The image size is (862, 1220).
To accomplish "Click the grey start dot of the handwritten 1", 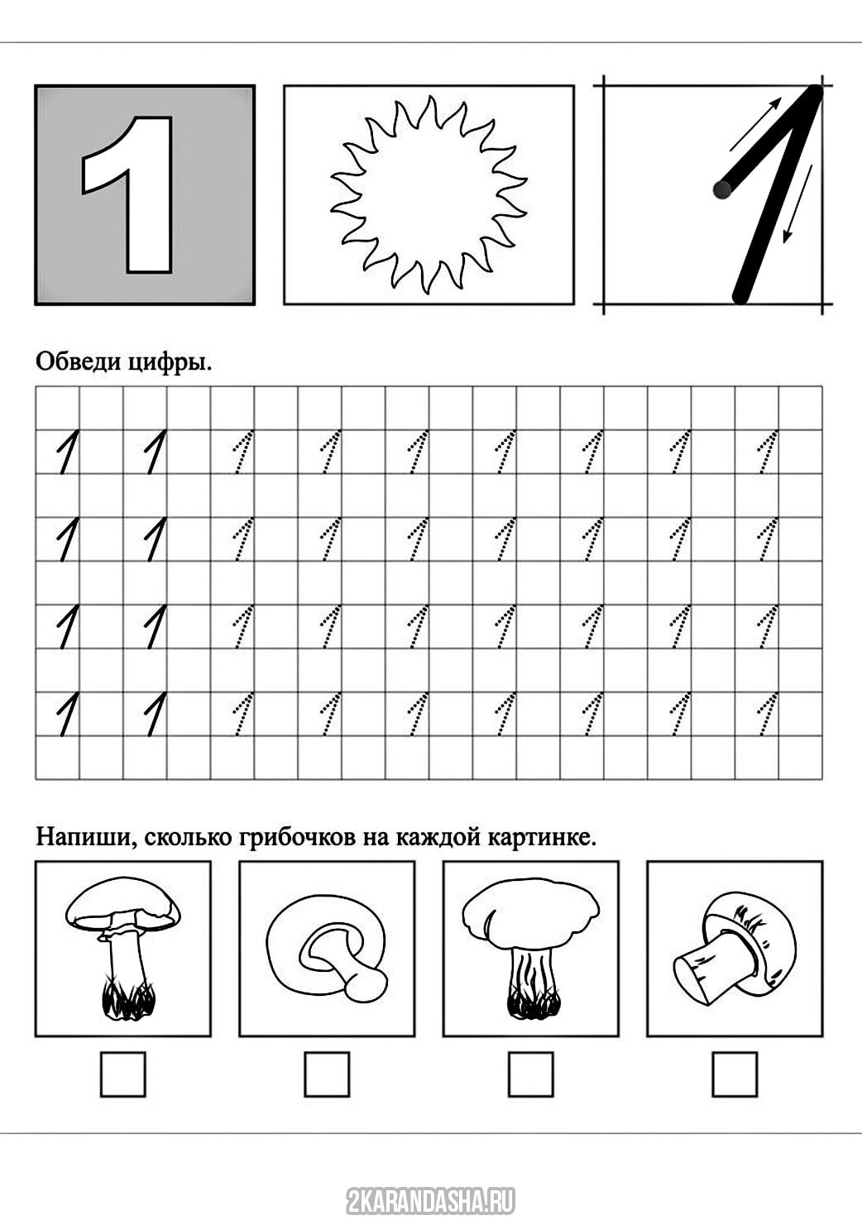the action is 722,189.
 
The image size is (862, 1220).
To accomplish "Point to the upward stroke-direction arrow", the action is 755,124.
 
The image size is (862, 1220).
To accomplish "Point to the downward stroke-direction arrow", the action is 797,203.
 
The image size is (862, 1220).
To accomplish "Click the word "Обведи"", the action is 79,361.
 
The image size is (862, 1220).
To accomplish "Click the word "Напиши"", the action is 86,837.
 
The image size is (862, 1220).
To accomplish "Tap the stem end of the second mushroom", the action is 366,987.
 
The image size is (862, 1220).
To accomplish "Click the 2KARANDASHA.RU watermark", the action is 430,1200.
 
